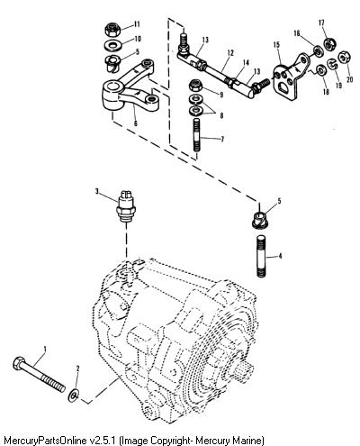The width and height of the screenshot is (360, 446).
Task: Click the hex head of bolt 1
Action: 19,363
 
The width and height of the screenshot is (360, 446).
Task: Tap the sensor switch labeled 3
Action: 127,206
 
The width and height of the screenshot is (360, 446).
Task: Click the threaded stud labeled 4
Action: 261,256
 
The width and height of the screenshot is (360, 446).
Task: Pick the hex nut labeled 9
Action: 195,86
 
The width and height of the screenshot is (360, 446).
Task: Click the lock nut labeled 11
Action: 113,30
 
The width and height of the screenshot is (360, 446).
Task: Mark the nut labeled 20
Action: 344,58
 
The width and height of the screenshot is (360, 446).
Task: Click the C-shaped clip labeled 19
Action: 331,65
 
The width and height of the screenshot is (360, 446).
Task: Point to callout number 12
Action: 230,53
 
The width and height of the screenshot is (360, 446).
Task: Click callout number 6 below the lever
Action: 136,123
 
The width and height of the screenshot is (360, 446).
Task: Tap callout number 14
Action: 246,63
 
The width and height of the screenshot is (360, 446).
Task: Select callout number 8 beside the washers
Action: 221,115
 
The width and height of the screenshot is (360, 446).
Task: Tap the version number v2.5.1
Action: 103,441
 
